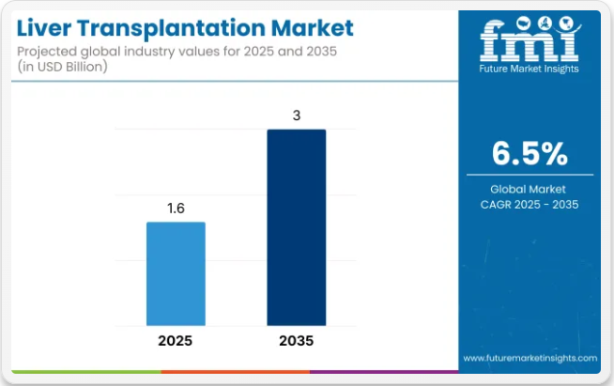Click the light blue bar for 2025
coord(176,273)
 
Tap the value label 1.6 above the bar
coord(176,209)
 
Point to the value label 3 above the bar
coord(296,116)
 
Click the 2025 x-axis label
coord(176,340)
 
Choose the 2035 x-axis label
coord(296,340)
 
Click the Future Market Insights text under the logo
coord(528,68)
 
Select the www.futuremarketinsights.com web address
coord(530,358)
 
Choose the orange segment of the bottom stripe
coord(235,372)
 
